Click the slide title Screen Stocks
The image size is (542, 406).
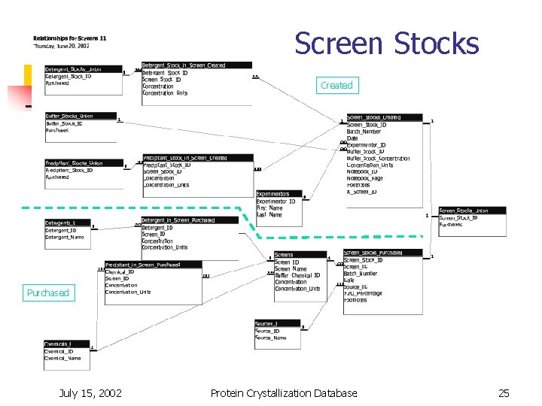coord(386,44)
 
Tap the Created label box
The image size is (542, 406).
coord(336,86)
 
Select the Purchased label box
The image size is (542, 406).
coord(47,292)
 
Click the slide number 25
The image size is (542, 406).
coord(504,392)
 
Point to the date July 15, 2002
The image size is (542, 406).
coord(90,392)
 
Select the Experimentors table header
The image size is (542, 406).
coord(279,194)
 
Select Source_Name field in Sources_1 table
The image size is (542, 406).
coord(271,338)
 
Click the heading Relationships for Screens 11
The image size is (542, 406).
coord(69,38)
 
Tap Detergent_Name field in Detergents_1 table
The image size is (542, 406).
coord(65,237)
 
